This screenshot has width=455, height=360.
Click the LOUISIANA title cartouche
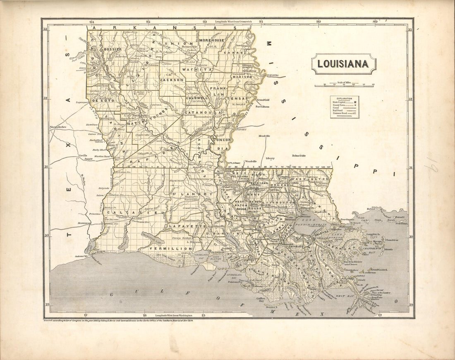point(343,64)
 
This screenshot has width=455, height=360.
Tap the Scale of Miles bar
point(344,86)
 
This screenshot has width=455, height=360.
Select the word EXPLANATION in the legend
point(344,99)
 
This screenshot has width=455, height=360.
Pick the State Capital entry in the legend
point(344,102)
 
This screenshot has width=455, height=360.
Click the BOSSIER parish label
point(112,49)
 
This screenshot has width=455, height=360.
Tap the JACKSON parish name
point(172,79)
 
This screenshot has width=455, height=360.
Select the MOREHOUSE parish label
point(211,40)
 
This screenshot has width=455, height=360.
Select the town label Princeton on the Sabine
point(95,214)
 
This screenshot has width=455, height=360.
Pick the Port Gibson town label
point(262,107)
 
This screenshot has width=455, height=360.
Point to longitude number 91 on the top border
point(261,21)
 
